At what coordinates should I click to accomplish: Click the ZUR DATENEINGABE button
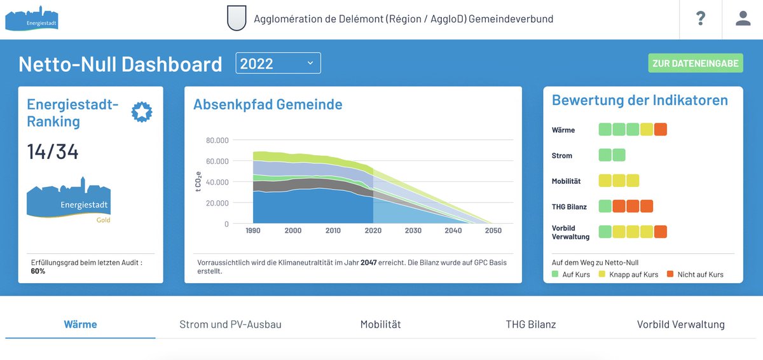[696, 63]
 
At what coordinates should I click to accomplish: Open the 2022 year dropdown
[278, 63]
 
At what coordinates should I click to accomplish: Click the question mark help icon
[701, 18]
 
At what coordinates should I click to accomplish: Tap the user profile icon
[743, 18]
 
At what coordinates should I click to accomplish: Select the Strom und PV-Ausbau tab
[230, 324]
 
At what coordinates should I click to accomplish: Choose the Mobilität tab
[380, 324]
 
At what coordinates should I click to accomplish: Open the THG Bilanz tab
[530, 324]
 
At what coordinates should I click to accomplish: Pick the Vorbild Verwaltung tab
[680, 324]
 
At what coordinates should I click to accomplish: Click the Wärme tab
[80, 324]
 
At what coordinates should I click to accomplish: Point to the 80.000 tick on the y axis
[217, 140]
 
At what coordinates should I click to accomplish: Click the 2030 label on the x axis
[413, 230]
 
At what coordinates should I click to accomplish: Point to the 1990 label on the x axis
[252, 230]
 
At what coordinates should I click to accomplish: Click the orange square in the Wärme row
[661, 130]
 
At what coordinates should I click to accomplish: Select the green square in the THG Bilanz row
[605, 206]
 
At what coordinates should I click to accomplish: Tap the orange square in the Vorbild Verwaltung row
[661, 232]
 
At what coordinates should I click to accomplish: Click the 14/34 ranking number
[53, 152]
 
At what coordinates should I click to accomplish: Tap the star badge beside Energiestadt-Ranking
[142, 113]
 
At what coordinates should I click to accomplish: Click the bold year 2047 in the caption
[369, 262]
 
